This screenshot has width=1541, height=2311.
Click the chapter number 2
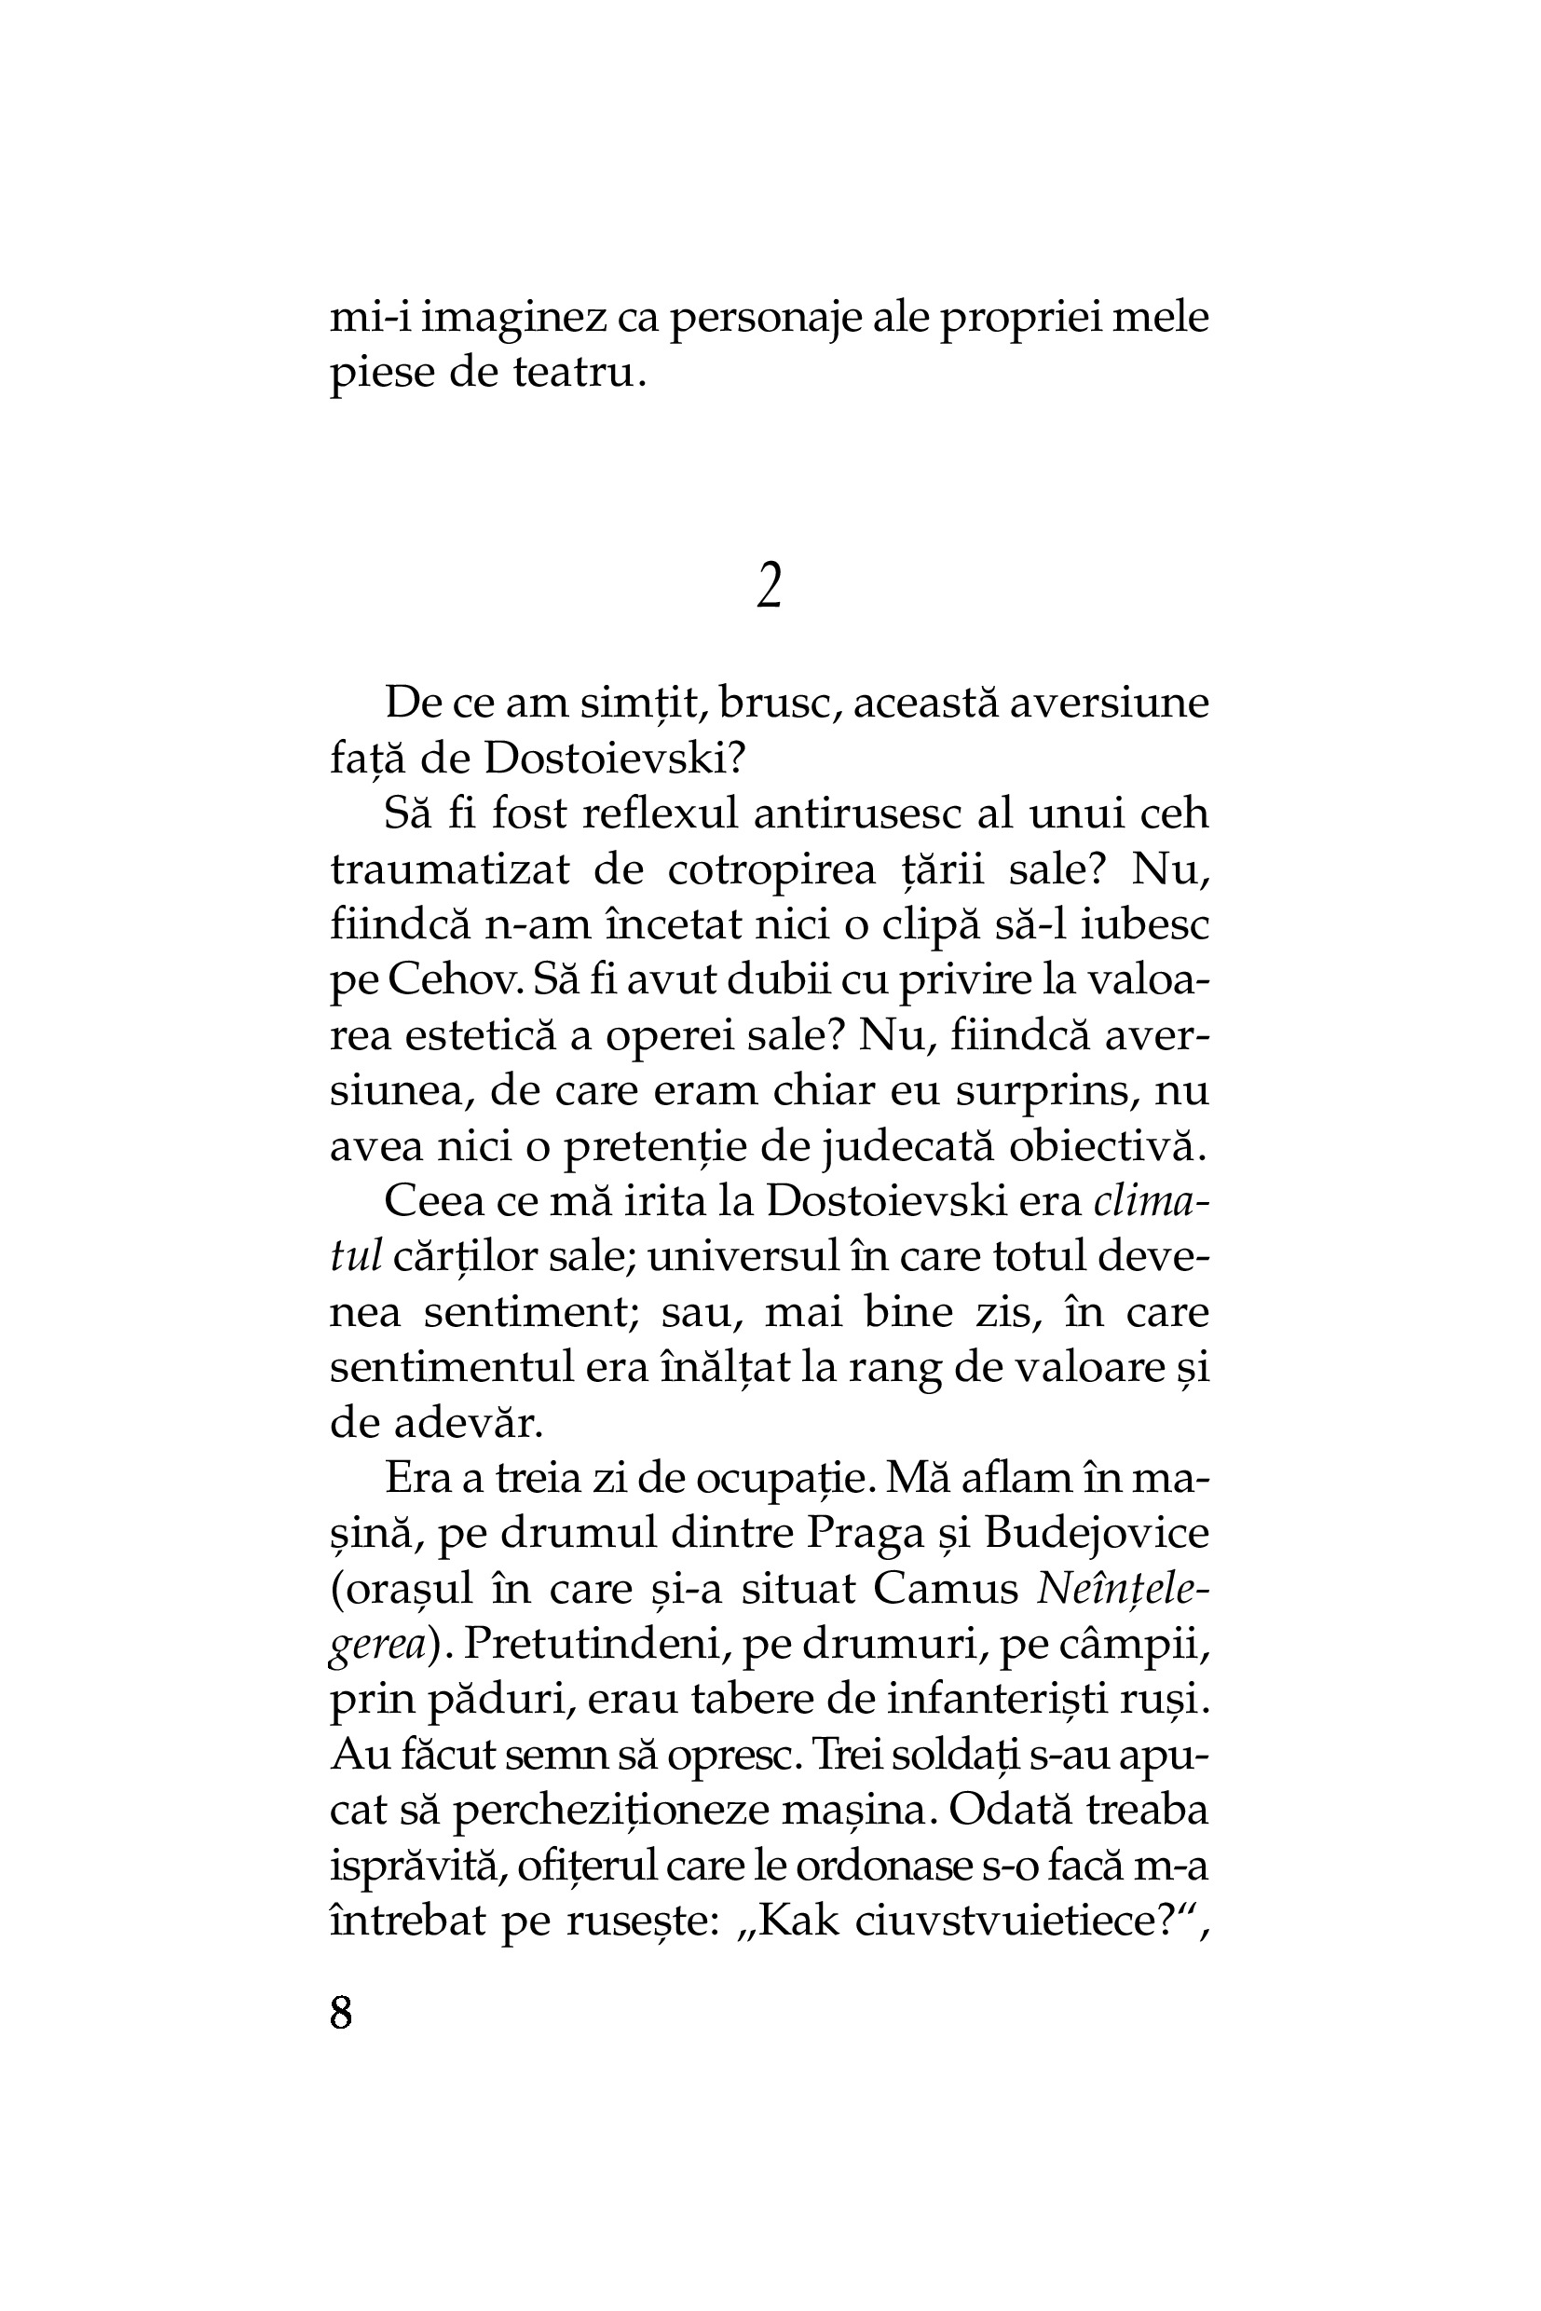[x=770, y=587]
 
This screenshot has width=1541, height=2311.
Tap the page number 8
[x=341, y=2012]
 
